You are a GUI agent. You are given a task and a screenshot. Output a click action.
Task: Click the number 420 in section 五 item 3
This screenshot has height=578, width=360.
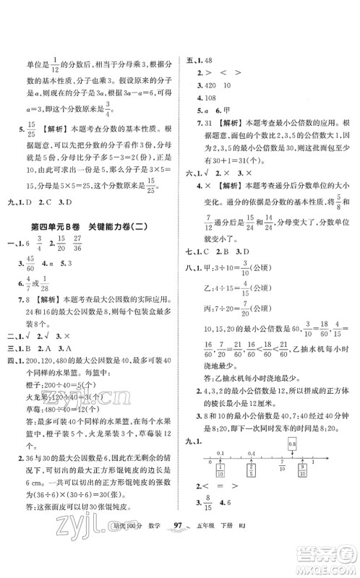[213, 85]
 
